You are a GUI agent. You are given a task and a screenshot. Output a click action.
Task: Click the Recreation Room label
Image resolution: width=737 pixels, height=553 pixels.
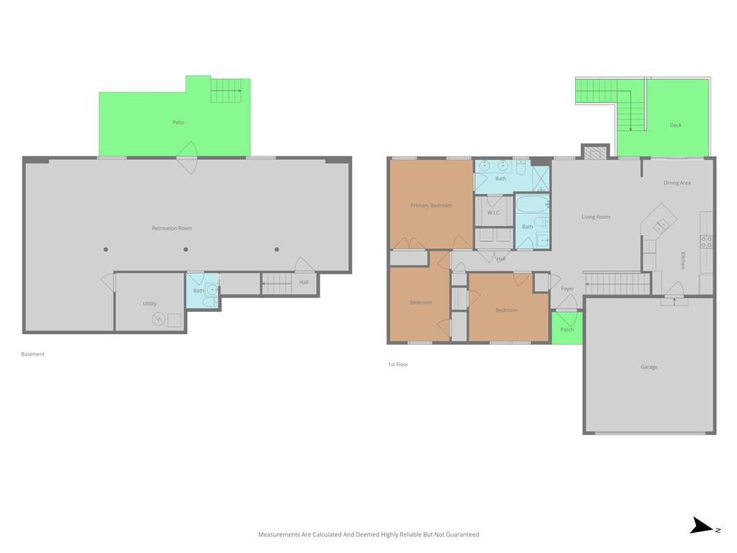pyautogui.click(x=171, y=228)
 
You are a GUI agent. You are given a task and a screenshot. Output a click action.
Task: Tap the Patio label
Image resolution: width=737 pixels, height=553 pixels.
pyautogui.click(x=178, y=122)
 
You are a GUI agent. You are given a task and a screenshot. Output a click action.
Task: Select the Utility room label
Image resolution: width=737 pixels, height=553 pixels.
pyautogui.click(x=150, y=303)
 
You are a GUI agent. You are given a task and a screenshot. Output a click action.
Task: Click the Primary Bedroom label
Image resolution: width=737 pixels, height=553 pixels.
pyautogui.click(x=431, y=205)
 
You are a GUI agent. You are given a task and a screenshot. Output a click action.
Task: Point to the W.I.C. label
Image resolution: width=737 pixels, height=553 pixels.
pyautogui.click(x=494, y=212)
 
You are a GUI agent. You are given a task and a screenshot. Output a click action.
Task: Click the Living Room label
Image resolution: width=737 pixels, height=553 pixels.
pyautogui.click(x=595, y=217)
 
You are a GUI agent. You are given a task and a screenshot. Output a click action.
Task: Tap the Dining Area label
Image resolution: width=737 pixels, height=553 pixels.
pyautogui.click(x=677, y=183)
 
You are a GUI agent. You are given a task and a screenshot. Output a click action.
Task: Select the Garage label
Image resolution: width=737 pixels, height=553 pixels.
pyautogui.click(x=648, y=367)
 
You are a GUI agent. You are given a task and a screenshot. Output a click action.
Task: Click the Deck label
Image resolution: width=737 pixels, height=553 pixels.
pyautogui.click(x=675, y=125)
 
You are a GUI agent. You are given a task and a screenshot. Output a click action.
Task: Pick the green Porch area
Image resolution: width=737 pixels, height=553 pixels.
pyautogui.click(x=567, y=328)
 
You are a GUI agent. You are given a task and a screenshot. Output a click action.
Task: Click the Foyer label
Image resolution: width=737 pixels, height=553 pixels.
pyautogui.click(x=567, y=289)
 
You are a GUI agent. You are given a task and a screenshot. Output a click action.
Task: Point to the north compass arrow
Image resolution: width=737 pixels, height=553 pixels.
pyautogui.click(x=701, y=525)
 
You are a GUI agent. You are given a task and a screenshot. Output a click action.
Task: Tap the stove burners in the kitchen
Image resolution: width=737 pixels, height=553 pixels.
pyautogui.click(x=707, y=242)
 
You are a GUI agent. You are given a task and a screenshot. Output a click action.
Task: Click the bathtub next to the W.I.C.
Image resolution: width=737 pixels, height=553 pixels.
pyautogui.click(x=532, y=204)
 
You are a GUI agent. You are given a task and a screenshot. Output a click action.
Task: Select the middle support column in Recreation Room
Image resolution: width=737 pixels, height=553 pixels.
pyautogui.click(x=186, y=249)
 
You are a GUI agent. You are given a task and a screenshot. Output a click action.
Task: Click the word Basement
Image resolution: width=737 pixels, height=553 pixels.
pyautogui.click(x=33, y=354)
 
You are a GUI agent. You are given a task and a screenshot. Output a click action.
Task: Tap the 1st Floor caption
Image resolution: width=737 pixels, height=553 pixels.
pyautogui.click(x=398, y=364)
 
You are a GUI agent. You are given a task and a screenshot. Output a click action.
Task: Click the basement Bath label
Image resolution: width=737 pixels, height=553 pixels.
pyautogui.click(x=199, y=291)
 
